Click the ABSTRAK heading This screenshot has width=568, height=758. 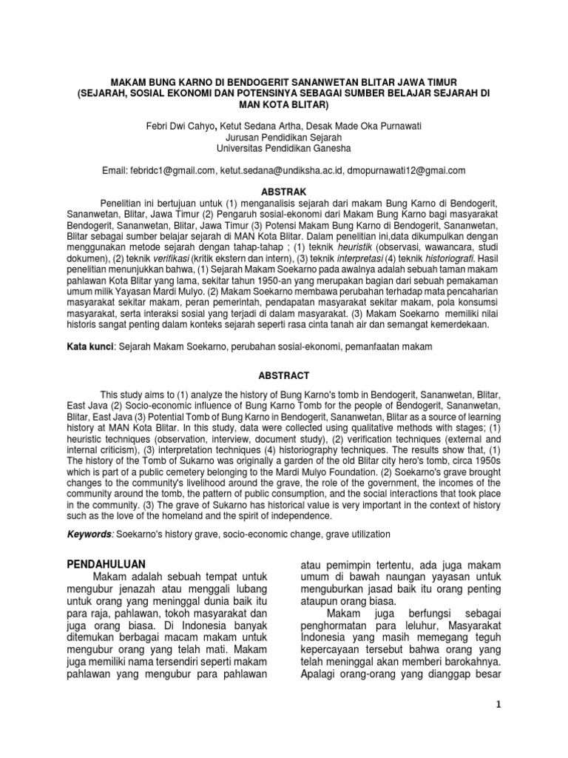coord(284,189)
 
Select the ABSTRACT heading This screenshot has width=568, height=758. coord(284,376)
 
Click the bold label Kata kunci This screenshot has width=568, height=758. coord(88,347)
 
